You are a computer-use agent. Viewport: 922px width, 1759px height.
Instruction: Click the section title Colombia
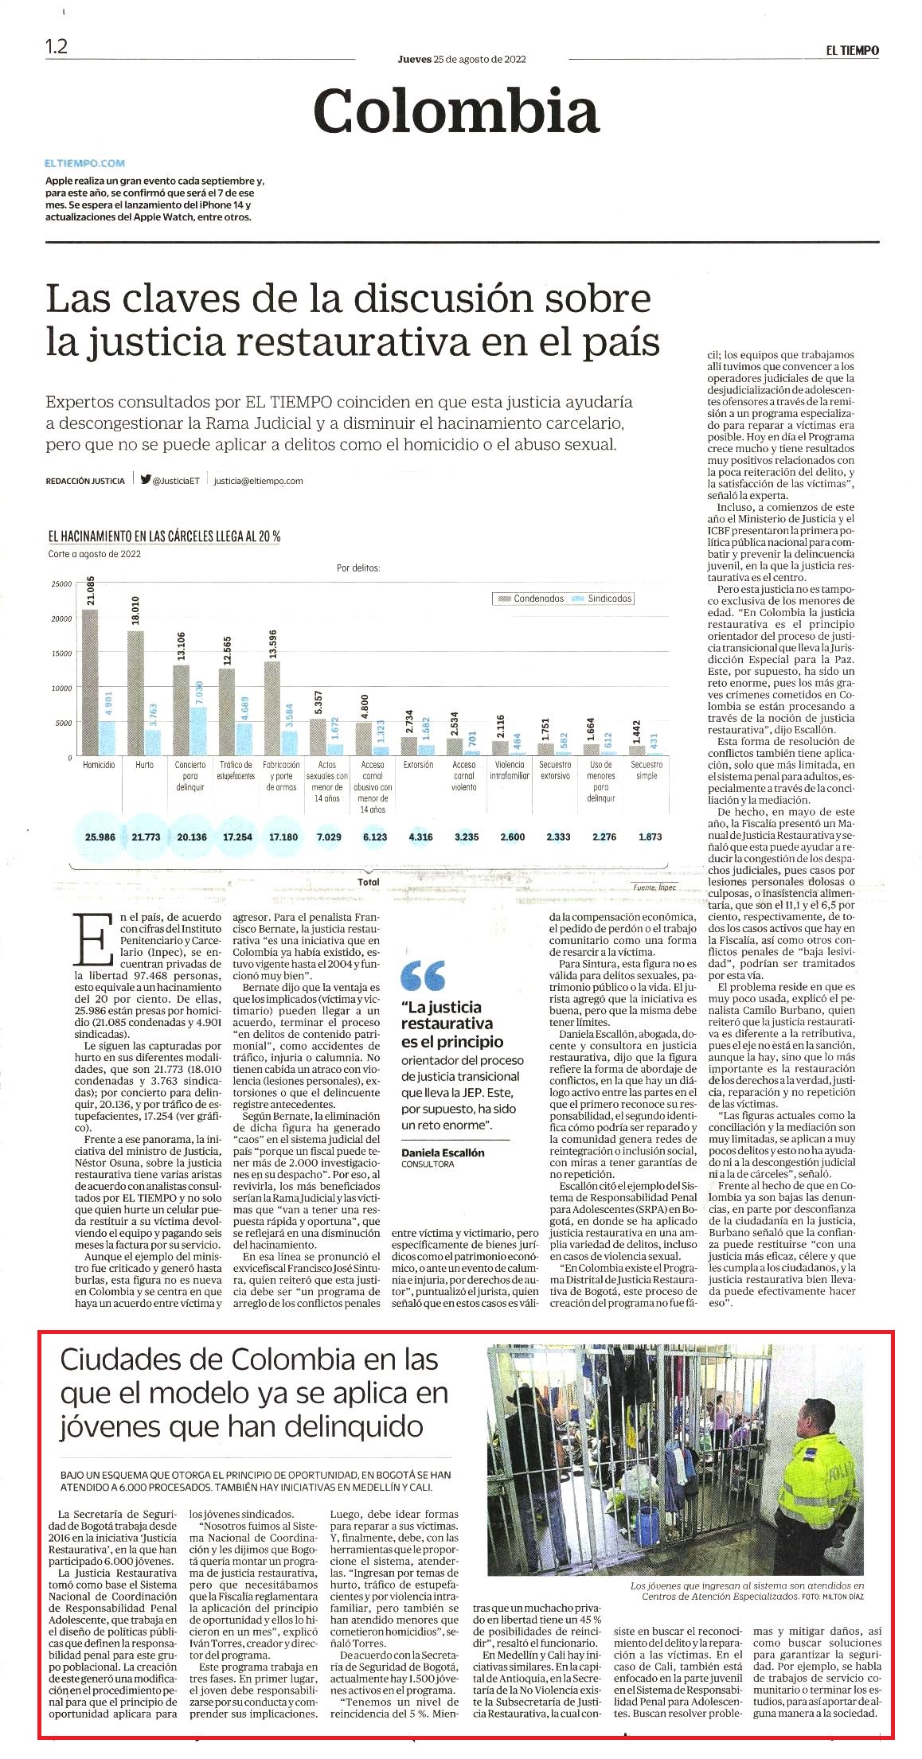click(x=456, y=111)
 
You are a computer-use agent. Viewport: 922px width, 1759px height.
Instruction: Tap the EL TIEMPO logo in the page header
click(x=852, y=50)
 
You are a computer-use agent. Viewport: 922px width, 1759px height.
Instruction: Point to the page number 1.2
click(x=57, y=47)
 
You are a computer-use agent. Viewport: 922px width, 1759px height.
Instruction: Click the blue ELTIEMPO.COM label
click(x=85, y=163)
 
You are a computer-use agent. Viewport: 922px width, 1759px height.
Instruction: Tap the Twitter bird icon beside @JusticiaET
click(x=146, y=480)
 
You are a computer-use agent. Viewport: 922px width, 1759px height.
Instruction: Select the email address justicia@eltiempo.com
click(x=259, y=481)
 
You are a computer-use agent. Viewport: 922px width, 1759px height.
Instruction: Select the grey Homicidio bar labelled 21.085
click(x=90, y=682)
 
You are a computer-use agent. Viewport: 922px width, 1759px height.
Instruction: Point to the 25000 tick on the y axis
click(x=61, y=584)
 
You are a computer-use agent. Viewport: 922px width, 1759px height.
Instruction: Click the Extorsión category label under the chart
click(x=418, y=765)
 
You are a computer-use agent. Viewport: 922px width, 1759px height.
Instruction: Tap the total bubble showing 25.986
click(x=100, y=837)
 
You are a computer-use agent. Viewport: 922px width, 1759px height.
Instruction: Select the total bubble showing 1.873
click(x=650, y=837)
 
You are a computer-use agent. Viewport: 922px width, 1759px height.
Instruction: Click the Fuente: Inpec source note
click(x=654, y=887)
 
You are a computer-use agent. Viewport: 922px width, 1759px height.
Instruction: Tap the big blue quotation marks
click(x=423, y=976)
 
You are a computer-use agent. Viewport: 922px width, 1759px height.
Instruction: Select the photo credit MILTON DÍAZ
click(x=844, y=1597)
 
